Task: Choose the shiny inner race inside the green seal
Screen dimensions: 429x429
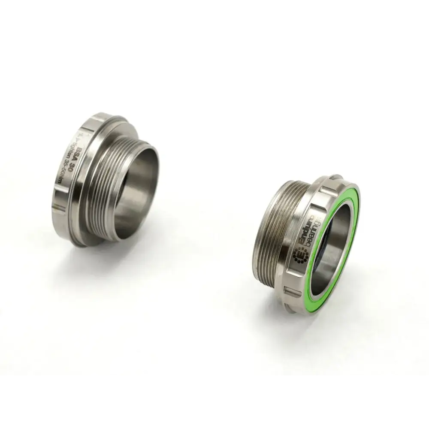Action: (x=339, y=249)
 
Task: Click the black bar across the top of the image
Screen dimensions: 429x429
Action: (x=214, y=26)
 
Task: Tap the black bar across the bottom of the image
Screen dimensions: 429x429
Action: (x=214, y=403)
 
